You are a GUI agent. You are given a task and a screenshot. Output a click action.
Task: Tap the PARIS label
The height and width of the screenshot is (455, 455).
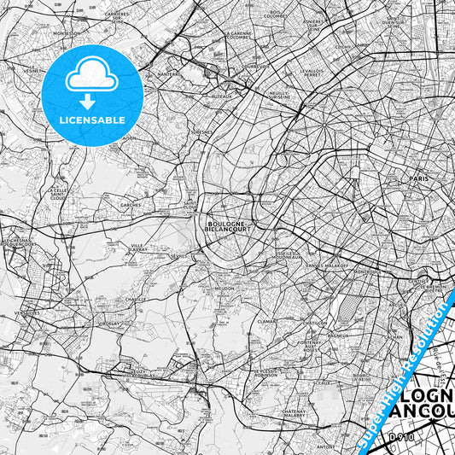(418, 178)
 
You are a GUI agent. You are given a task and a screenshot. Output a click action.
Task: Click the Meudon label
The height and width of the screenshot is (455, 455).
(225, 289)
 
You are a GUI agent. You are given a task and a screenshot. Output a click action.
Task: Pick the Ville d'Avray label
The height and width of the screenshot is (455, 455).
(138, 248)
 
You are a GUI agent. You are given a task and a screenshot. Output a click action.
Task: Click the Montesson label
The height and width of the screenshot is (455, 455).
(66, 33)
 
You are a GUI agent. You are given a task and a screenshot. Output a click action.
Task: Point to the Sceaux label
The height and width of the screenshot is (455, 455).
(322, 383)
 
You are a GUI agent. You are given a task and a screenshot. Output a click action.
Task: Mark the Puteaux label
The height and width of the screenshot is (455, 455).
(221, 97)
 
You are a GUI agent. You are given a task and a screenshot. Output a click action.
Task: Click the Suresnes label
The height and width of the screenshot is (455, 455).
(201, 133)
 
